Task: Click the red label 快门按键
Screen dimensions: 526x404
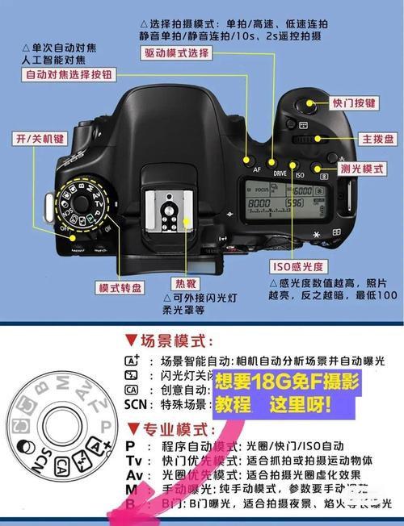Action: (x=354, y=103)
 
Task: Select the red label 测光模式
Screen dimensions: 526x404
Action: (x=362, y=169)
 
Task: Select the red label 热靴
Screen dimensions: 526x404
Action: (x=184, y=283)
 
